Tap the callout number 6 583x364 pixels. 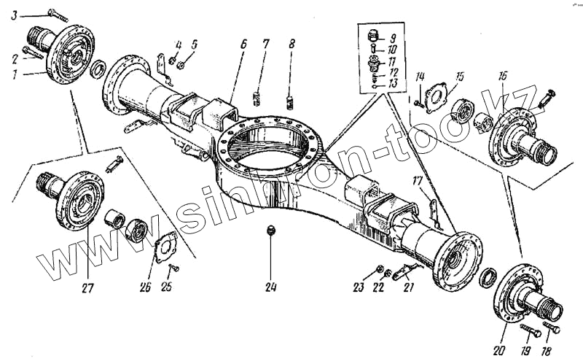(243, 45)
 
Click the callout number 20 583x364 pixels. (498, 350)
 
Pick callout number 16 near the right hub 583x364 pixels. (503, 77)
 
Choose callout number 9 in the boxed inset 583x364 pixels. (393, 37)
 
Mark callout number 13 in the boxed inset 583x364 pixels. (393, 83)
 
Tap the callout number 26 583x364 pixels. (146, 287)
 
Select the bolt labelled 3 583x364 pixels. (57, 14)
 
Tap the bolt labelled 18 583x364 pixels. (552, 329)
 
